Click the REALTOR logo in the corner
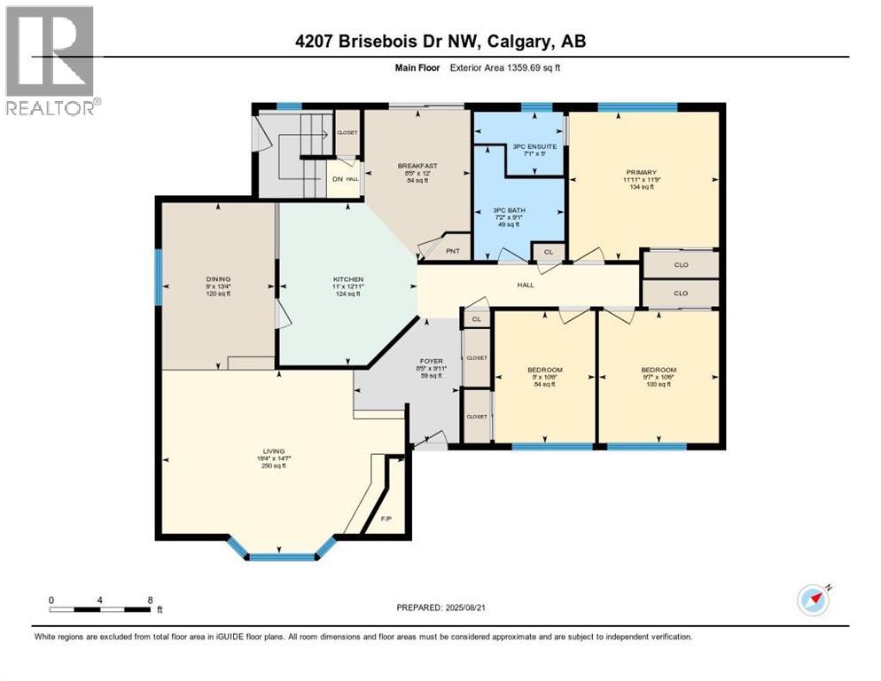click(51, 60)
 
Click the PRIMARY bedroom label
click(641, 173)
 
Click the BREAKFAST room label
click(416, 165)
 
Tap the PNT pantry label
click(452, 252)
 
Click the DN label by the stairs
click(337, 179)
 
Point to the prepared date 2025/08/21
click(442, 607)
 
